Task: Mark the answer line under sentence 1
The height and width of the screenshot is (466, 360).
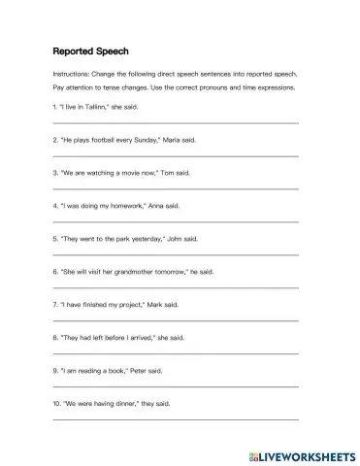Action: pos(175,122)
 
